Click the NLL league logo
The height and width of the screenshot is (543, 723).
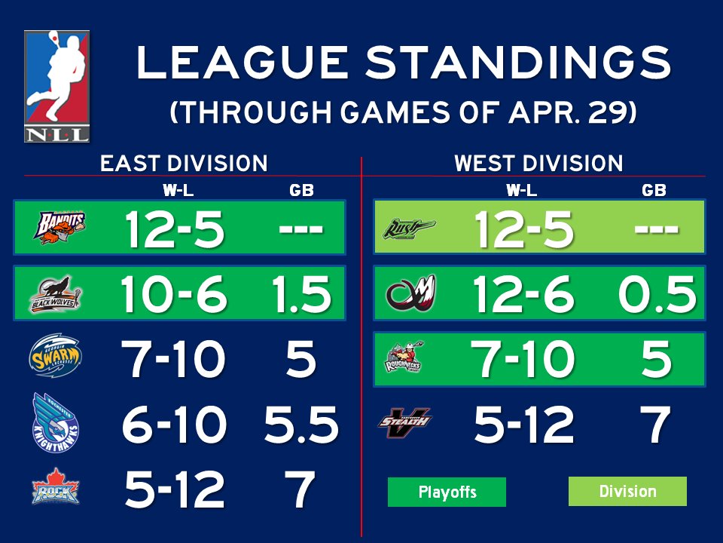click(56, 86)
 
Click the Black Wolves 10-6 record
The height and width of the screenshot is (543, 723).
click(174, 293)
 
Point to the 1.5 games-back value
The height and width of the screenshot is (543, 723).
click(300, 293)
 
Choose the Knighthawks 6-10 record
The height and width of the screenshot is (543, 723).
click(174, 425)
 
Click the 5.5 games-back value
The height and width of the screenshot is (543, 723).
click(300, 425)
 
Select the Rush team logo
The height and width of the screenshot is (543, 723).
click(409, 226)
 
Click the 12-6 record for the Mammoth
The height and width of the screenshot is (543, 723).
click(523, 293)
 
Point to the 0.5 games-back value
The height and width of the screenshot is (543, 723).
click(656, 293)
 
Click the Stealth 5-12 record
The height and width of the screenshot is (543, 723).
click(523, 425)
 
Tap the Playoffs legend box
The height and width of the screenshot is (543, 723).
click(447, 492)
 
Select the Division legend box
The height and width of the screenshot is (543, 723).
click(627, 491)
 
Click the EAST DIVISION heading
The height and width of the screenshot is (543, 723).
click(184, 164)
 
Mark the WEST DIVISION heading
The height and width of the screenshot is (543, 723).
click(538, 164)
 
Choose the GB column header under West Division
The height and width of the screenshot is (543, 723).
click(654, 191)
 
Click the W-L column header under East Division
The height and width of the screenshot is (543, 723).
click(178, 191)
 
